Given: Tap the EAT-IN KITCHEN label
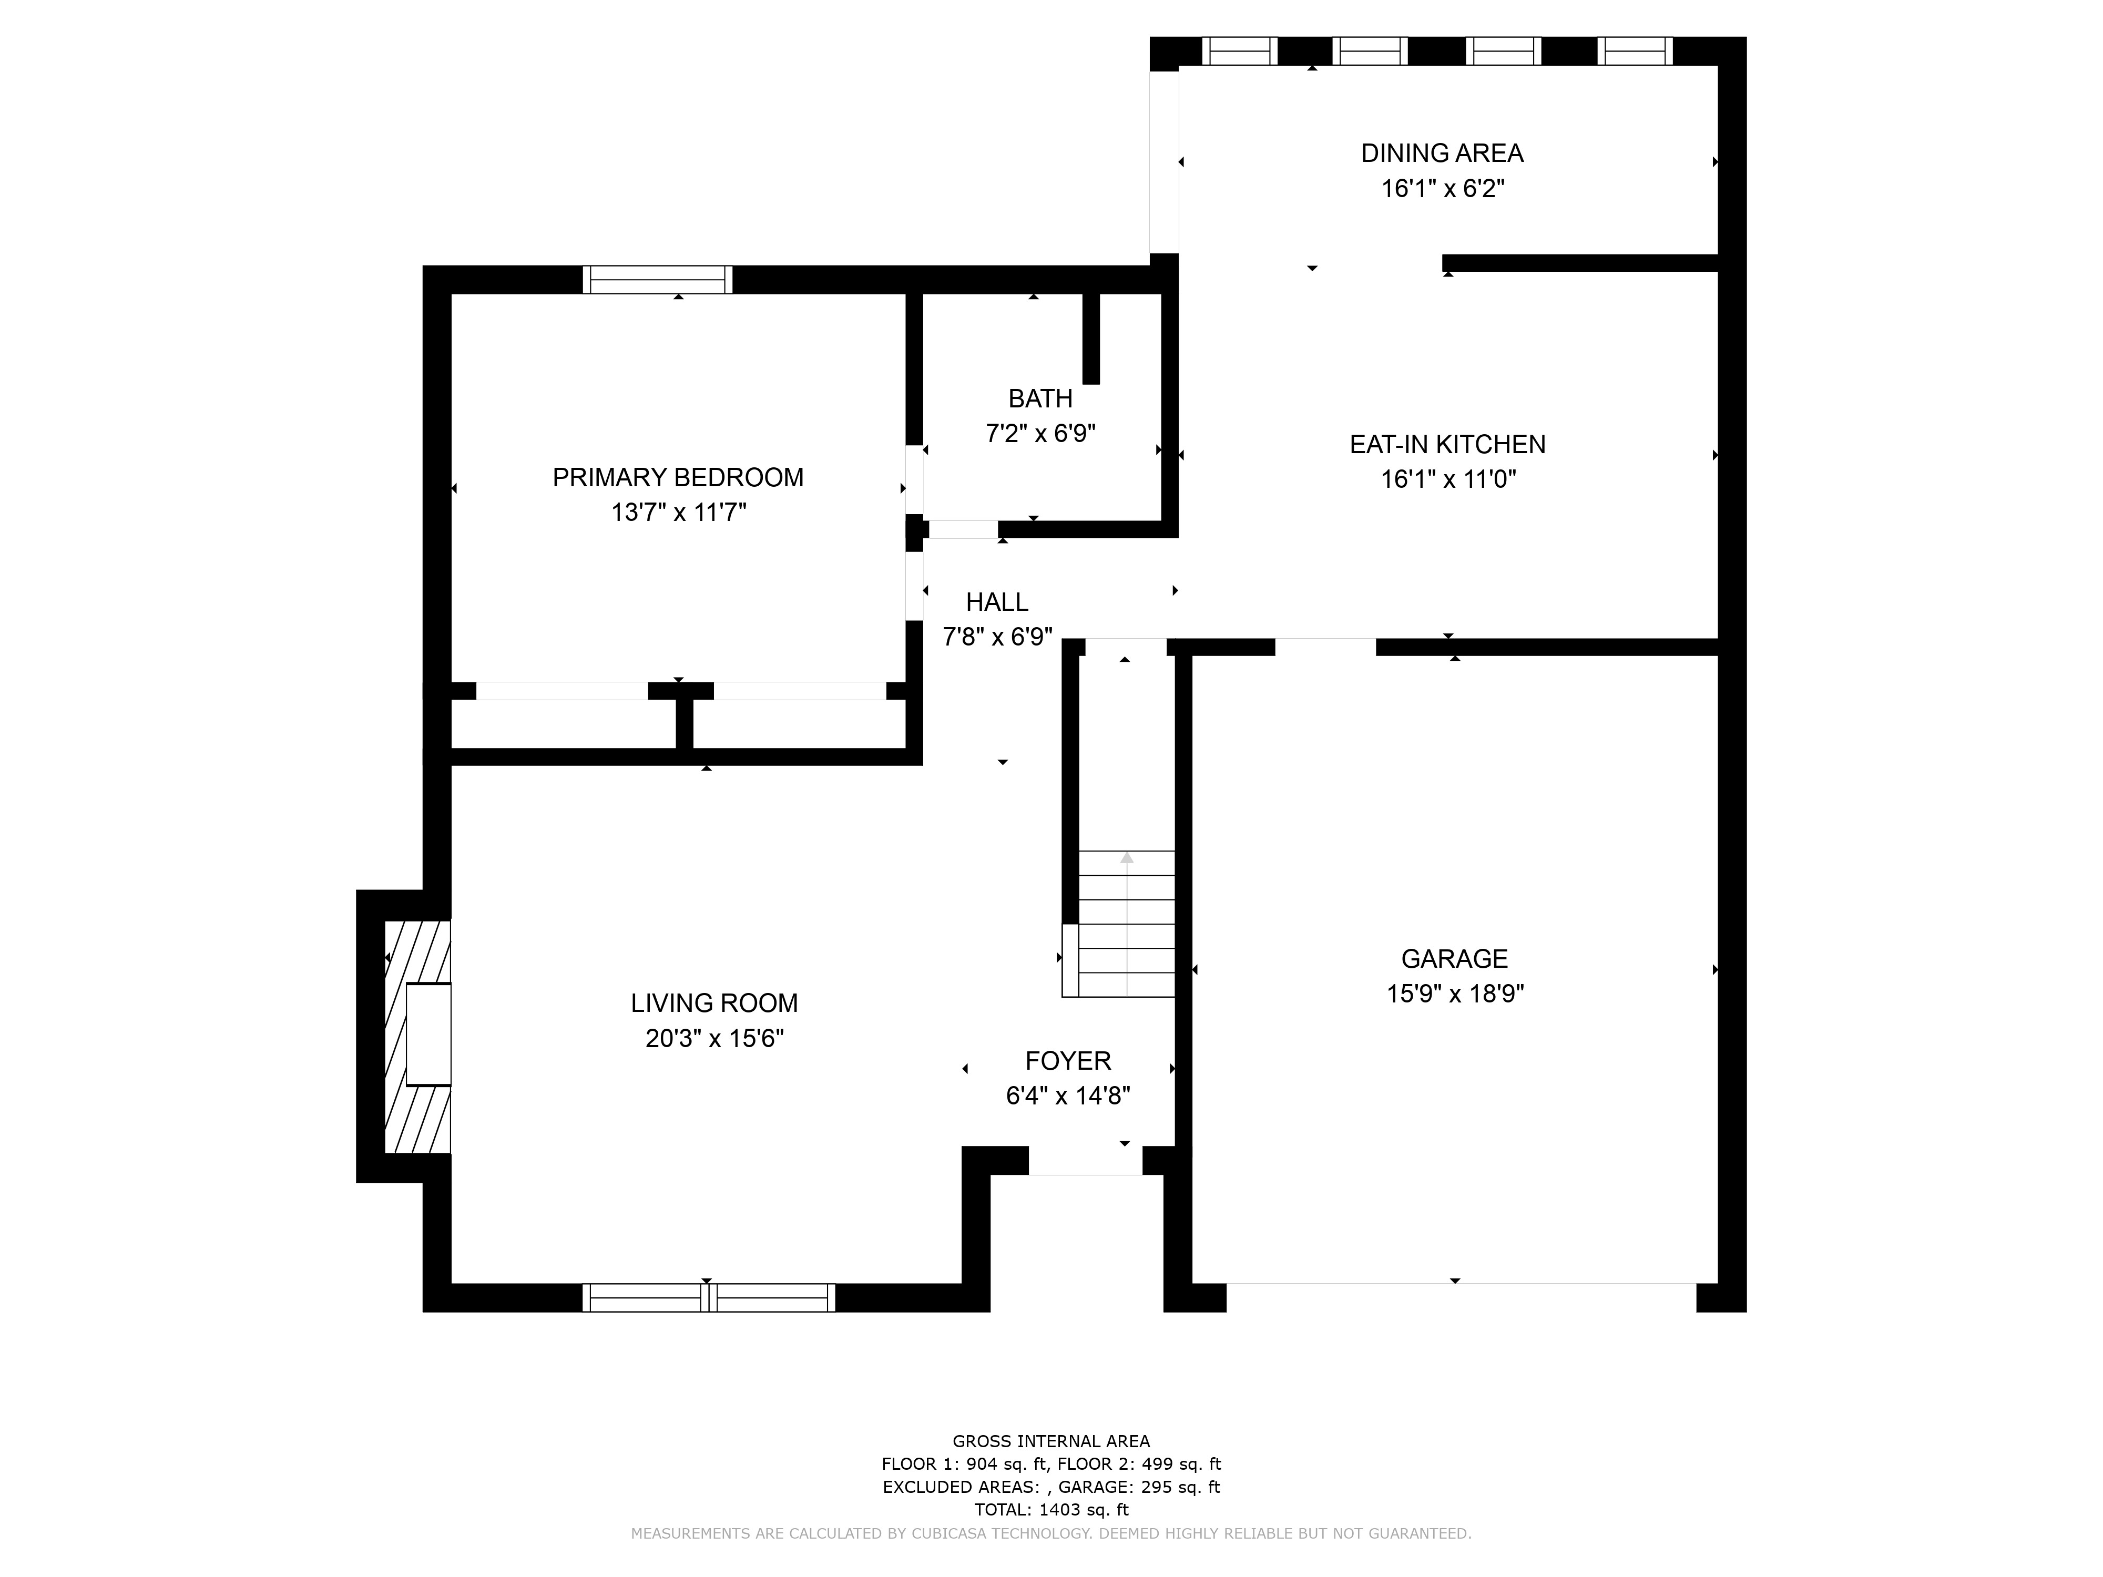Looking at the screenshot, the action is click(x=1447, y=444).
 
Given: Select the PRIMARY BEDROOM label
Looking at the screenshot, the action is click(x=678, y=477).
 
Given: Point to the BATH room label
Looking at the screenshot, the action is click(x=1040, y=398).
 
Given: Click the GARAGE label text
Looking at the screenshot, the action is click(x=1455, y=958).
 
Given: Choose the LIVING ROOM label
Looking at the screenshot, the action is click(x=714, y=1003).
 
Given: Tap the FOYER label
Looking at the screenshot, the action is click(x=1068, y=1061).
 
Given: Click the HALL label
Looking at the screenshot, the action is click(x=996, y=602).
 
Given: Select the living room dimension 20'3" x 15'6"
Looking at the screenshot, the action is click(x=714, y=1039).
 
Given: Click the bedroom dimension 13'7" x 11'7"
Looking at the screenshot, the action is click(x=678, y=513).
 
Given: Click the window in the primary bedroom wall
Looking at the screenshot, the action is click(x=658, y=280).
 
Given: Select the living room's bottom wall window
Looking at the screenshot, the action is click(x=708, y=1297).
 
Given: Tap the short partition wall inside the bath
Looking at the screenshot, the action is click(x=1091, y=339).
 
